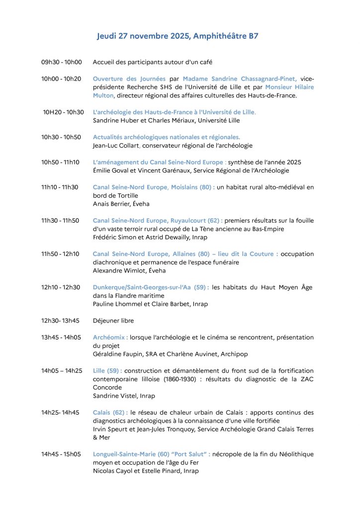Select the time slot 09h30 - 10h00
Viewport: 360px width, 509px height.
(x=62, y=62)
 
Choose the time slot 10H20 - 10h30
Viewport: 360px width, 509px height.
(x=63, y=112)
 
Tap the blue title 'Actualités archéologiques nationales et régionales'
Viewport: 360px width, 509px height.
(x=166, y=137)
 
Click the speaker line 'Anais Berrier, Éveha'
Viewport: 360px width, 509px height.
(x=121, y=204)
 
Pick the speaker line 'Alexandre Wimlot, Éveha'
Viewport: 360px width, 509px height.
(x=129, y=271)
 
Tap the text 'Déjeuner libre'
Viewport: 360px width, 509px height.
(x=113, y=321)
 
